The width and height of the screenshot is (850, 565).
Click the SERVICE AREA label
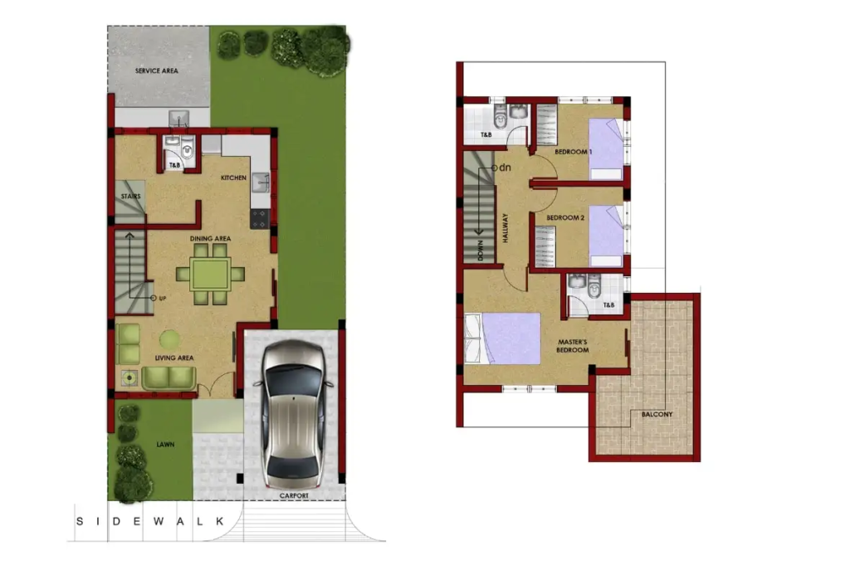(156, 71)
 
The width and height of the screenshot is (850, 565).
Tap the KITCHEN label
(233, 178)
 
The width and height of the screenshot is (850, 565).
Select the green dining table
(210, 274)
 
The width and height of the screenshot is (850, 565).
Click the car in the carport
(293, 416)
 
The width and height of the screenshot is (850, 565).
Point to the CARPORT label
(294, 495)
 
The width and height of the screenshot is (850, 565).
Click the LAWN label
(165, 444)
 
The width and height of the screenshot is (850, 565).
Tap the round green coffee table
(169, 340)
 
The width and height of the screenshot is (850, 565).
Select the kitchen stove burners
(260, 218)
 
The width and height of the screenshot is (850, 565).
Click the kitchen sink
(260, 183)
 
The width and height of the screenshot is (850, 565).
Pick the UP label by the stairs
(163, 299)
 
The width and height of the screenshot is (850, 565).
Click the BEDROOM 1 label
(573, 152)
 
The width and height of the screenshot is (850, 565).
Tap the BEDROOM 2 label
(565, 217)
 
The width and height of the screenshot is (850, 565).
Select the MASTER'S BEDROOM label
(573, 346)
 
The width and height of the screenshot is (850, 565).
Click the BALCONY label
(657, 414)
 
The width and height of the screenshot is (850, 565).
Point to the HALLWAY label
(506, 227)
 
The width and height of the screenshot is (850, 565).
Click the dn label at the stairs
(505, 168)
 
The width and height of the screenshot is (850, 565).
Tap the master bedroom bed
(502, 339)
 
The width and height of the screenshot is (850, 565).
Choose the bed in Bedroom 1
(606, 149)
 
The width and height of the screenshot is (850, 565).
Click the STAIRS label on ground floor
(130, 196)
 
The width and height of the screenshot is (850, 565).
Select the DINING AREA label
(210, 238)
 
